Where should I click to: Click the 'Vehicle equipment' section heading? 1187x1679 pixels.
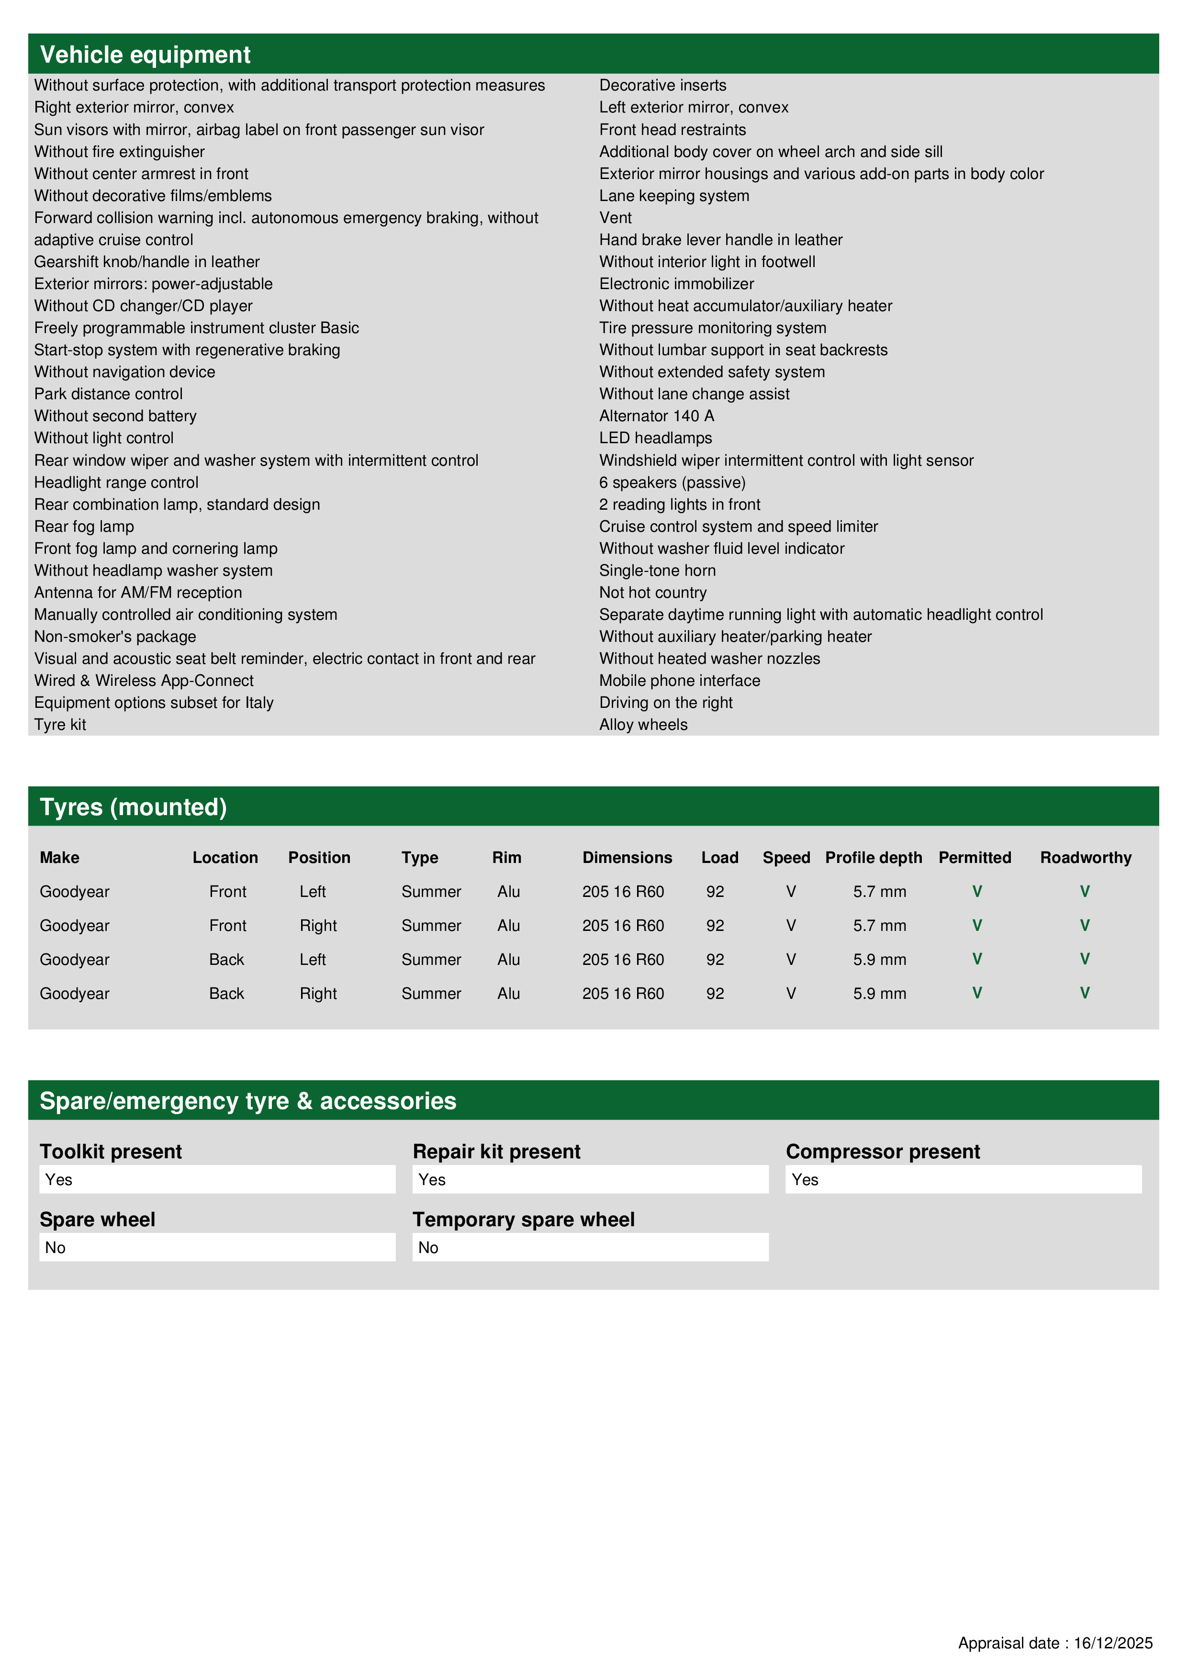click(x=145, y=55)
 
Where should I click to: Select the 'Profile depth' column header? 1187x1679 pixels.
click(x=873, y=857)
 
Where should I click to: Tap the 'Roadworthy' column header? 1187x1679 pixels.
click(x=1086, y=857)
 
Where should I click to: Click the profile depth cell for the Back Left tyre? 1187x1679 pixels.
click(x=879, y=960)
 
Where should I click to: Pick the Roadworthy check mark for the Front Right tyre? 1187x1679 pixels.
click(x=1085, y=925)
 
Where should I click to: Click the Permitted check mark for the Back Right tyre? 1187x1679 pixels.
click(x=976, y=993)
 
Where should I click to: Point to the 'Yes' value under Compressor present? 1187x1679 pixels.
click(x=805, y=1179)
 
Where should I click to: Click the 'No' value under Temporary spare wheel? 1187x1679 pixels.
click(x=428, y=1248)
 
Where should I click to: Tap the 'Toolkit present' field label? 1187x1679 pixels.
click(x=111, y=1152)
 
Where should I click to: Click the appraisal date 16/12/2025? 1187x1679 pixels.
click(x=1112, y=1643)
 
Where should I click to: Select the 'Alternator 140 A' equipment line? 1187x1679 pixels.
click(x=656, y=416)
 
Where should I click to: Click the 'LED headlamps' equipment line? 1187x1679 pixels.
click(x=655, y=438)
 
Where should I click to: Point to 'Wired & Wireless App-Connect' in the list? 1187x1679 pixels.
click(x=144, y=681)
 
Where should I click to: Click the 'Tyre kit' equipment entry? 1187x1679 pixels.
click(x=60, y=725)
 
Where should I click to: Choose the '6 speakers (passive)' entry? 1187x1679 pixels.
click(x=672, y=482)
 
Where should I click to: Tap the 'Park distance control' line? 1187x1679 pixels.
click(x=108, y=394)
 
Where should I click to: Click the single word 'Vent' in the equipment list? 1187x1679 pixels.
click(x=615, y=218)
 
